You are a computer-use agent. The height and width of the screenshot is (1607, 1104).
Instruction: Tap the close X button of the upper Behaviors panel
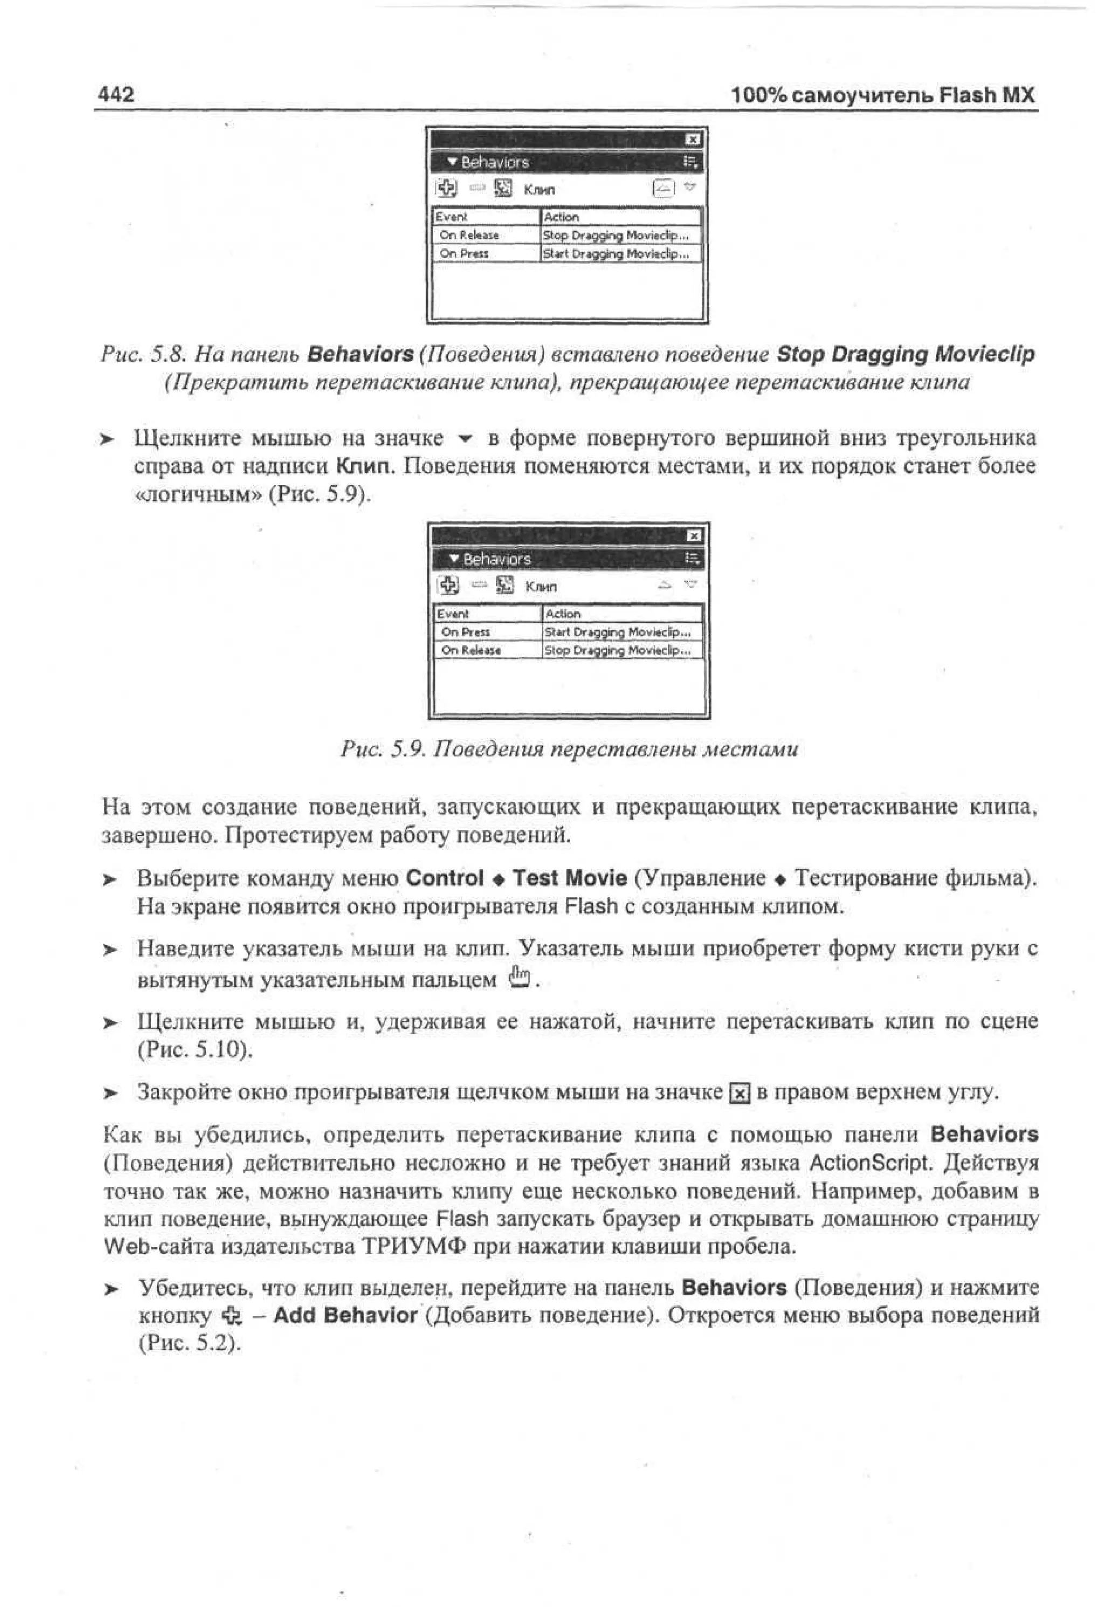tap(692, 140)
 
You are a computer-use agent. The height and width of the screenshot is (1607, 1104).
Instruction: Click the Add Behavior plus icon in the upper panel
tap(447, 188)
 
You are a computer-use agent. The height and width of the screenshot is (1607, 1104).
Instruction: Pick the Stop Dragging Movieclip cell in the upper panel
tap(615, 235)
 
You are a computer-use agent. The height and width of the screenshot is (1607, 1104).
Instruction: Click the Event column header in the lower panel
tap(453, 614)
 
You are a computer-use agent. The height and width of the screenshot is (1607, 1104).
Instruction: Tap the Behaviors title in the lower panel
tap(496, 559)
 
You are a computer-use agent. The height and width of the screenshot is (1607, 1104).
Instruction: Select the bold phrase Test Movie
tap(569, 878)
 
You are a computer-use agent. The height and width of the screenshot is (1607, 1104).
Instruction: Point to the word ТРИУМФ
tap(413, 1247)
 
